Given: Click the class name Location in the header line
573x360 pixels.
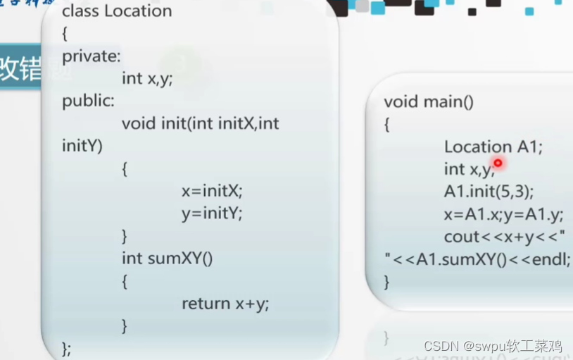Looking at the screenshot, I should (138, 11).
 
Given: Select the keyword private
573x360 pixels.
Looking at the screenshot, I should (91, 56).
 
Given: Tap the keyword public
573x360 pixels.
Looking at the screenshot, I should (88, 101).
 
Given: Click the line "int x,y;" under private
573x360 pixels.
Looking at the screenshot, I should (147, 78).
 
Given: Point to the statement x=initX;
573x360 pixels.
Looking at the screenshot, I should (212, 191).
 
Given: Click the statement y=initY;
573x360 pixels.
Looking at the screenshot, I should (212, 213).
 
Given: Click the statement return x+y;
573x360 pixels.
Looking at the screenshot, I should (225, 304).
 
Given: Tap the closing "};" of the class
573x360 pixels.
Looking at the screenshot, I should (67, 348).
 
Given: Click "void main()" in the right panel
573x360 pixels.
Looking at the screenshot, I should (429, 101).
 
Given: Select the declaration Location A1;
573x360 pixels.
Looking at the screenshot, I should (493, 147).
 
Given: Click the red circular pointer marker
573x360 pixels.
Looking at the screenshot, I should (498, 163).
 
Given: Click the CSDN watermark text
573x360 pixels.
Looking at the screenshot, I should (493, 346).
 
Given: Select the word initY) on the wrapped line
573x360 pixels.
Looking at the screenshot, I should (82, 146).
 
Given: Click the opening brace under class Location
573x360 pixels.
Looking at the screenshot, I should (65, 33).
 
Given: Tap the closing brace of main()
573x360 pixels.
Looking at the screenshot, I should (386, 282).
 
